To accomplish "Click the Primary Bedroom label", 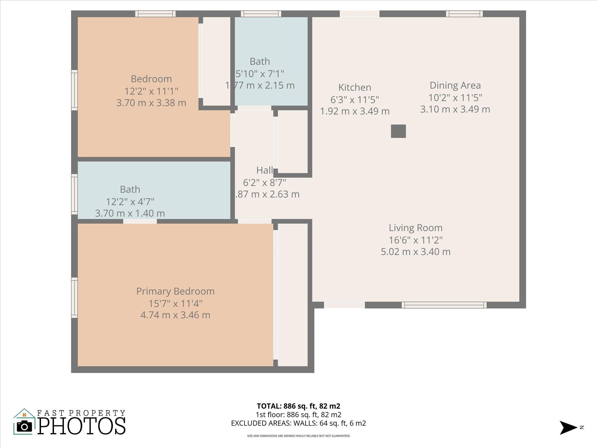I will point(175,291).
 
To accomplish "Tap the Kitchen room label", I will point(354,87).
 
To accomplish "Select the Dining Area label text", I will point(455,85).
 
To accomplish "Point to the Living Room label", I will point(415,228).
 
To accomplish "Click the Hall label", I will point(264,170).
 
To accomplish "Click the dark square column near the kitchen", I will point(398,131).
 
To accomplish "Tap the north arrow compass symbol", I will point(568,428).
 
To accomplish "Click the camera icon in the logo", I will point(24,427).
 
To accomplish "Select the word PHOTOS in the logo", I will point(82,426).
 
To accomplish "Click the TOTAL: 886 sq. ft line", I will point(298,406).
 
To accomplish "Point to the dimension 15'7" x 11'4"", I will point(175,303).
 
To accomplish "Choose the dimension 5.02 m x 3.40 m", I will point(415,251).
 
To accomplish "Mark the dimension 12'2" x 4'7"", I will point(130,202).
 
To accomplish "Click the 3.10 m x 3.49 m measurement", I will point(455,109).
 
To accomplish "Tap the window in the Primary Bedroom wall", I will point(75,297).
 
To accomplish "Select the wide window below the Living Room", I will point(444,305).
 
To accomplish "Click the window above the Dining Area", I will point(464,14).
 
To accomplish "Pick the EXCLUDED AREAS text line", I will point(298,423).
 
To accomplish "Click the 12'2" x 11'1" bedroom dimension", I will point(151,91).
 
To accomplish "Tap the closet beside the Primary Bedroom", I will point(292,295).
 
